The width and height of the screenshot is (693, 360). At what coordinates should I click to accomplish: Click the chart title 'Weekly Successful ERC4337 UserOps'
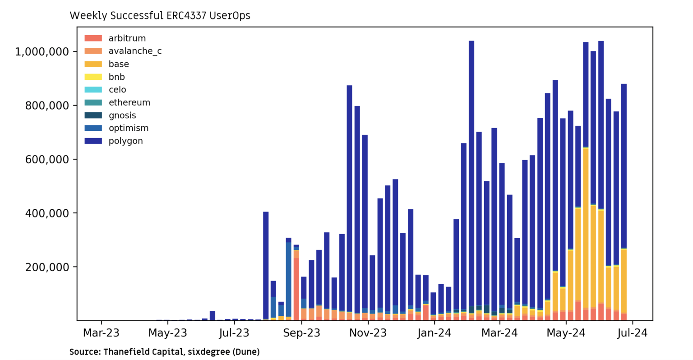160,16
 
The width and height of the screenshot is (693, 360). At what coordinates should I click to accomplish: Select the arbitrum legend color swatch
93,38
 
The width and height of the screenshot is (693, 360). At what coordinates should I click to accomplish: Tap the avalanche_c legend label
135,51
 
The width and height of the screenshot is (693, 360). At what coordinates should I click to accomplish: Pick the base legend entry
118,64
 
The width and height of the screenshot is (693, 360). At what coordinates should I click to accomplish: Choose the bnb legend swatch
93,77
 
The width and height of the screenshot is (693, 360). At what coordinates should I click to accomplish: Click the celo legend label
117,90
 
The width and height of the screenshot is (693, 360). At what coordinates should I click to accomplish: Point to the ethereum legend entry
129,102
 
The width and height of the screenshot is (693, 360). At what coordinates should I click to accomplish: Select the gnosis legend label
122,115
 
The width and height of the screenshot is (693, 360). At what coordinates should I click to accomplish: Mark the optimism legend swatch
93,128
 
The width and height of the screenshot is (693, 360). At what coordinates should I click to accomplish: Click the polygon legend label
125,141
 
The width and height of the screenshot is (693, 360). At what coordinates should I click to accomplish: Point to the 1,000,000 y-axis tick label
42,52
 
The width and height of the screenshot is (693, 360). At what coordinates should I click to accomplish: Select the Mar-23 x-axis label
102,333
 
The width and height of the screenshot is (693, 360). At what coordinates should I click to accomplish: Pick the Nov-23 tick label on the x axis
368,333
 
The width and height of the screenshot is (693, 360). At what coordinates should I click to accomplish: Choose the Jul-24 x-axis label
633,333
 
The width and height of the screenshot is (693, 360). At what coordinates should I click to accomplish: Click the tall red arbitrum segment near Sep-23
296,289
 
